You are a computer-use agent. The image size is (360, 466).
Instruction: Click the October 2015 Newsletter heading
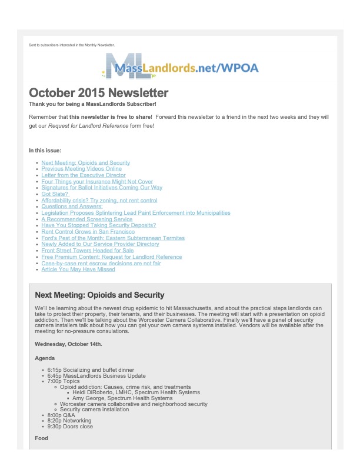click(99, 93)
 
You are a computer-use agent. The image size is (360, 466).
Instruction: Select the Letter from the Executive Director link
click(84, 175)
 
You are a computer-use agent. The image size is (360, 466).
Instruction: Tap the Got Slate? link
click(55, 194)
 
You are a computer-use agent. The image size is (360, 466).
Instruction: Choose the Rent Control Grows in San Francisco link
click(88, 232)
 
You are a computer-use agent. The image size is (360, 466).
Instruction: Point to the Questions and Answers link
click(72, 207)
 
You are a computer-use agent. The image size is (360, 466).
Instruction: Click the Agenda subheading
click(45, 358)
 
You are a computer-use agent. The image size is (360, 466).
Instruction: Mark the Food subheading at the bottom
click(42, 438)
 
